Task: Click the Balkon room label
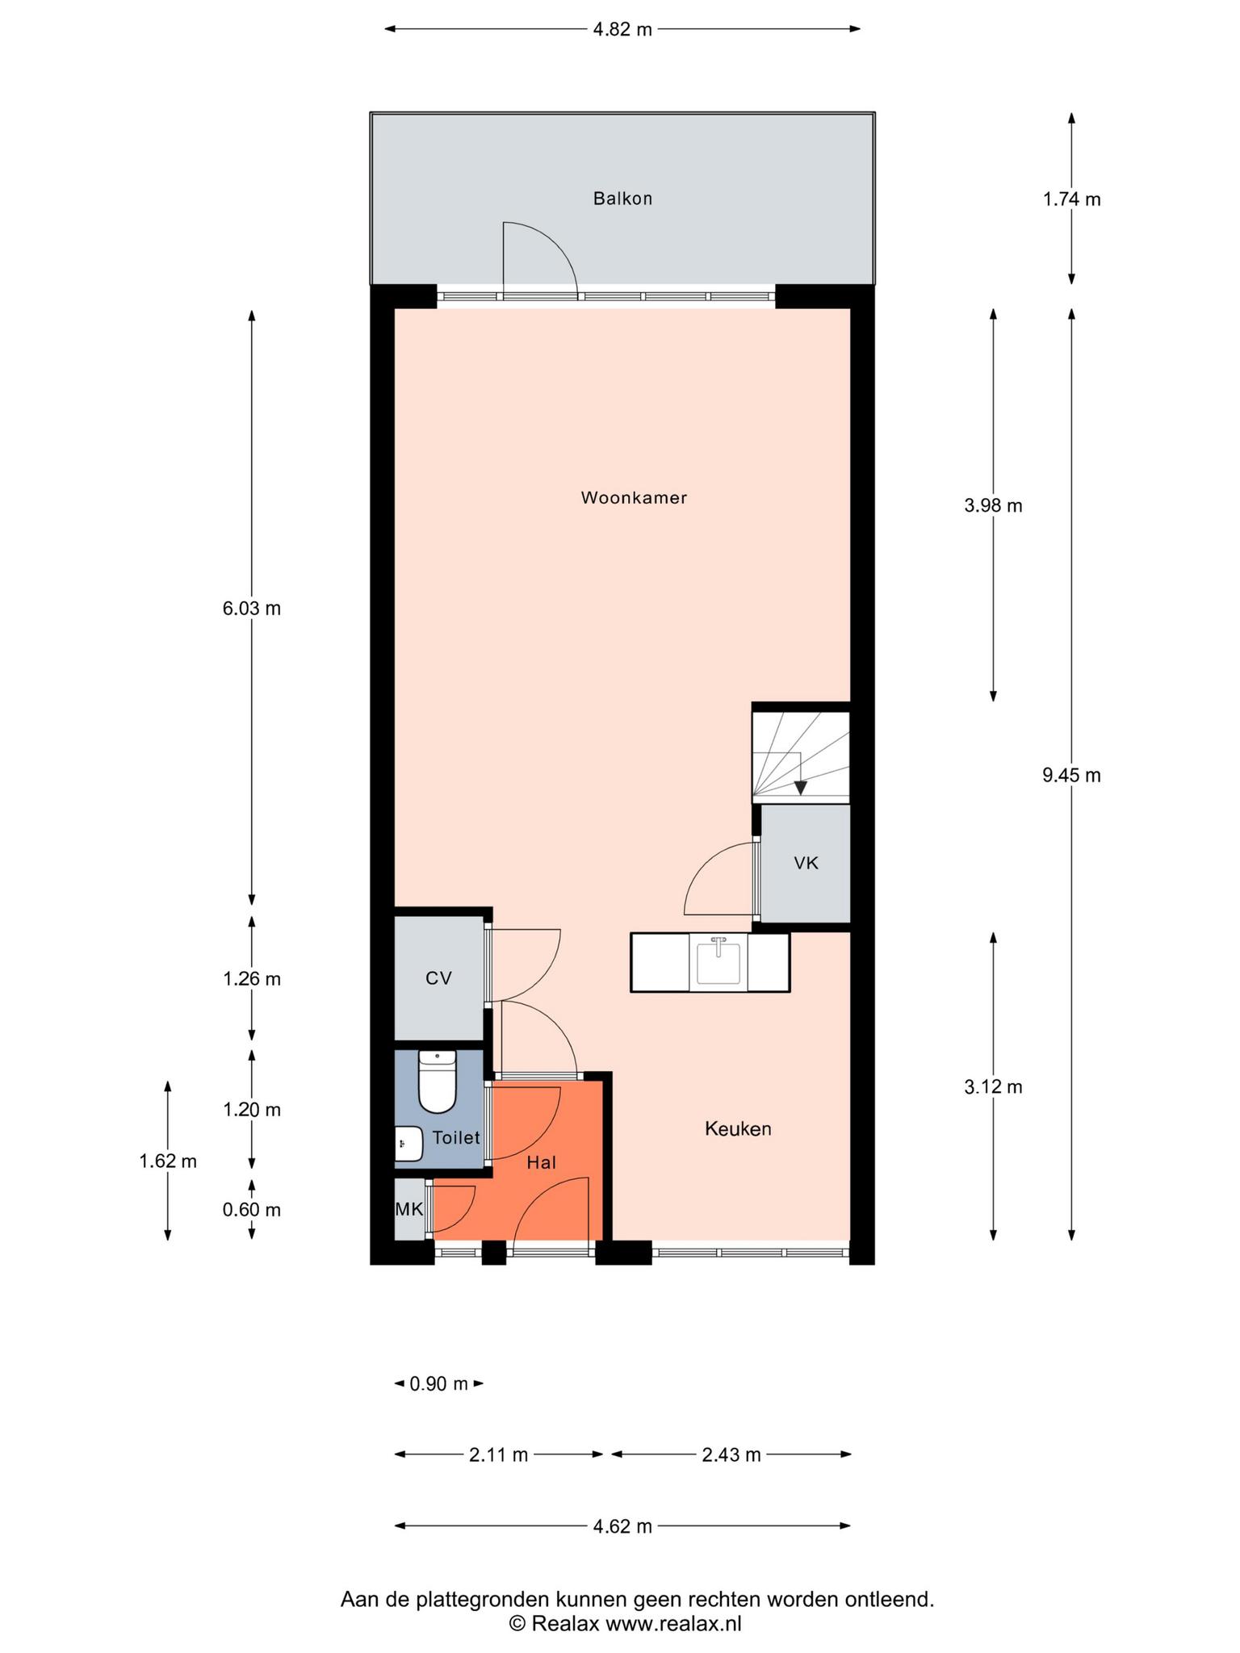(622, 199)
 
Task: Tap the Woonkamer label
(634, 498)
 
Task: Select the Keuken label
(738, 1129)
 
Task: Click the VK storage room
(806, 864)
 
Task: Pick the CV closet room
(438, 978)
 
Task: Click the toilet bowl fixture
(438, 1081)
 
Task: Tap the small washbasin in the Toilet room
(409, 1143)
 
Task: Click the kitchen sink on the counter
(718, 961)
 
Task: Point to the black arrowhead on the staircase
(800, 788)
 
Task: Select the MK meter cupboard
(409, 1209)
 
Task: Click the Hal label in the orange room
(541, 1163)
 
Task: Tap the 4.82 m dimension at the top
(622, 30)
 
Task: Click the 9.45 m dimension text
(1071, 776)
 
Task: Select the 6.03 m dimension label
(252, 609)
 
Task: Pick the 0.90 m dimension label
(439, 1384)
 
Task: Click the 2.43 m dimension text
(731, 1454)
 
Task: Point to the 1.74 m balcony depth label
(1071, 199)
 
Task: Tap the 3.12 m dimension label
(993, 1087)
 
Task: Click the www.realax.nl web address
(673, 1623)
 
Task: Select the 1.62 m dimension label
(168, 1161)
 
